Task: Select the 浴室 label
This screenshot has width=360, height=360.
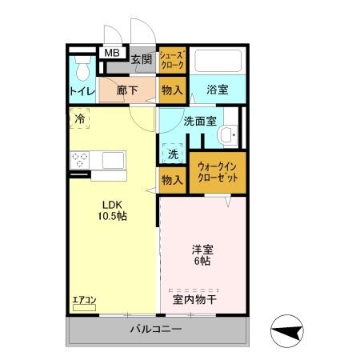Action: [x=218, y=90]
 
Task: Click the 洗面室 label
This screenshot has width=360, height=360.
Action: [x=200, y=122]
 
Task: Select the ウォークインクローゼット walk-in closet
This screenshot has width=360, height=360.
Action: [x=217, y=172]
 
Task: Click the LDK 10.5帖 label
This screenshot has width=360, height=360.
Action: [x=113, y=210]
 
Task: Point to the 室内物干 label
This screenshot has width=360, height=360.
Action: [x=194, y=300]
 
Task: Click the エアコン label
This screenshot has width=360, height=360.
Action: [x=84, y=300]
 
